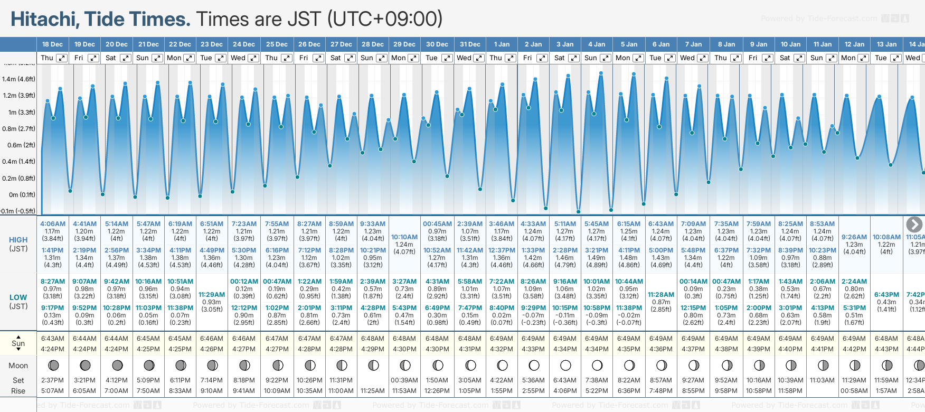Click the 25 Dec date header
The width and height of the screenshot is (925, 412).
(277, 44)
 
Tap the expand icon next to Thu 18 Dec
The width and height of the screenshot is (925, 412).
(62, 58)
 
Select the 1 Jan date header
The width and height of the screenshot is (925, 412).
(502, 44)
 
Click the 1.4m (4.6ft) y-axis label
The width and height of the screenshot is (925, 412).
(18, 79)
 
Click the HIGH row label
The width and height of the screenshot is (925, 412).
(18, 240)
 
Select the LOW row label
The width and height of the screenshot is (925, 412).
(18, 297)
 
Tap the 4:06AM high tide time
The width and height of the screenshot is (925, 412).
(53, 224)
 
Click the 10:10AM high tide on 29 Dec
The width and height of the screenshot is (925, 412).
(404, 237)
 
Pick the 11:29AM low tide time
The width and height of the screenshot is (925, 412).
(212, 295)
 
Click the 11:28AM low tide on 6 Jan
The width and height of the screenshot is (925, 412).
(661, 295)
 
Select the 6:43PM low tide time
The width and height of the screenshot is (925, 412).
(886, 295)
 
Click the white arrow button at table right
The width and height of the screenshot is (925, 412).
(914, 224)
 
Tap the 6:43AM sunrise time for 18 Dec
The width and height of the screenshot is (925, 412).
(53, 339)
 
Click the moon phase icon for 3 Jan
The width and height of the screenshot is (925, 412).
(565, 365)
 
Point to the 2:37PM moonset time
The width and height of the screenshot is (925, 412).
(53, 380)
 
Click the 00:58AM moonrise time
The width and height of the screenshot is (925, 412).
(854, 391)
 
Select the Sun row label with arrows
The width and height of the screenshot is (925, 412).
(18, 343)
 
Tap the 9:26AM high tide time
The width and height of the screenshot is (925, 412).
(854, 237)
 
